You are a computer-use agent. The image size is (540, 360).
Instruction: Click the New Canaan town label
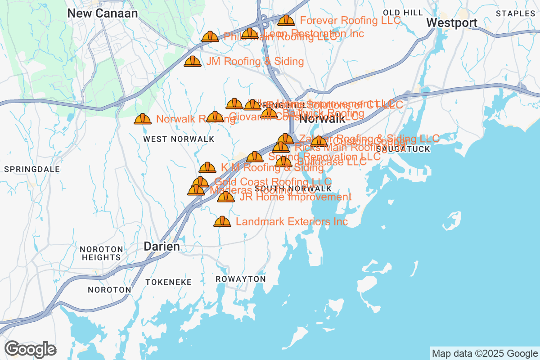(103, 13)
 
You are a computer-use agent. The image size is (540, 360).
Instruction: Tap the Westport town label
(451, 23)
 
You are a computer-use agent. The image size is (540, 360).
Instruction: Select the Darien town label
(162, 246)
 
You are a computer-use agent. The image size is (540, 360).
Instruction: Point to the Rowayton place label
(241, 279)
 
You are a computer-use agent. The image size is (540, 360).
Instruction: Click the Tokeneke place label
(169, 282)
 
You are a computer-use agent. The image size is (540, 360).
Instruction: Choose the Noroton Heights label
(101, 253)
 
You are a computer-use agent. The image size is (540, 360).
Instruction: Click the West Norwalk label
(179, 139)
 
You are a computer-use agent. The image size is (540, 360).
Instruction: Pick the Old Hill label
(403, 12)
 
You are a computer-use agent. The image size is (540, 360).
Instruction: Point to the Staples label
(515, 13)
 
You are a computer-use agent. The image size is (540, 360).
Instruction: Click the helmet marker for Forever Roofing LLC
(286, 21)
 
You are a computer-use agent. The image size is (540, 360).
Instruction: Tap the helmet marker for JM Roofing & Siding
(193, 62)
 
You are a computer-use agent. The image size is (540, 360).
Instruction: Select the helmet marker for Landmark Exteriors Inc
(222, 222)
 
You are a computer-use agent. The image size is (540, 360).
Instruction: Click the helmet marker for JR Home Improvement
(226, 197)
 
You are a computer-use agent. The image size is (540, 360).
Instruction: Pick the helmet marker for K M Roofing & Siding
(207, 168)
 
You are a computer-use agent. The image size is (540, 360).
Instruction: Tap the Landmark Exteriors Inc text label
(292, 222)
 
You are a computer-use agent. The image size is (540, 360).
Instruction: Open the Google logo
(31, 349)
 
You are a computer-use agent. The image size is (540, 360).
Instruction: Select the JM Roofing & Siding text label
(255, 62)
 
